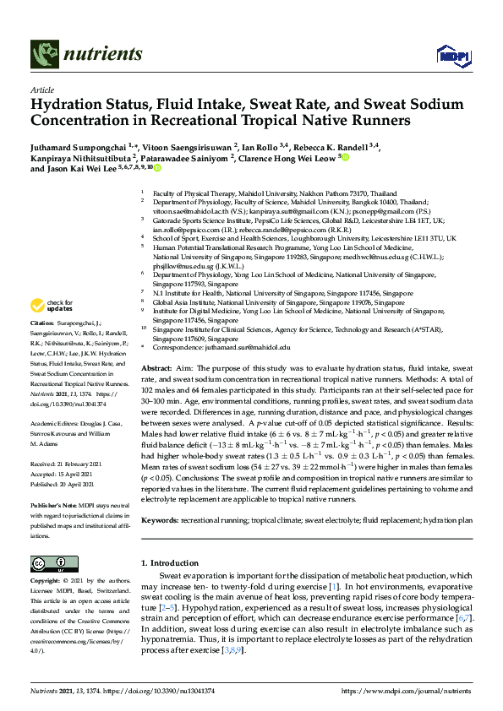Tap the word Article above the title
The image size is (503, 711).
pos(42,90)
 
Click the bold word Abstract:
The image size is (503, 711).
pos(156,370)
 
